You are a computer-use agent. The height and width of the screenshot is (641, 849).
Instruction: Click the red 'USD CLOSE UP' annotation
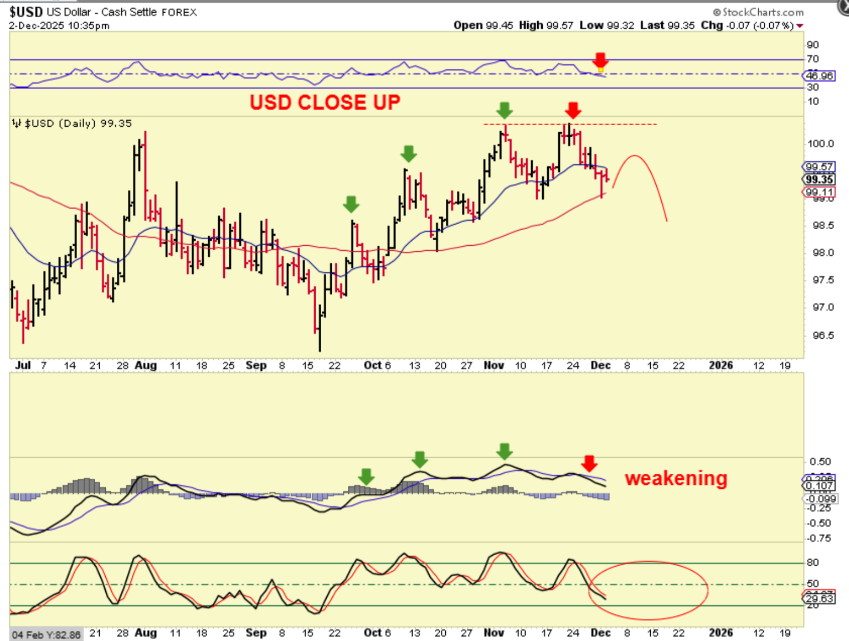click(x=325, y=102)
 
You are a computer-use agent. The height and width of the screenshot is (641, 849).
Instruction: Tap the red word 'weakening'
click(x=676, y=478)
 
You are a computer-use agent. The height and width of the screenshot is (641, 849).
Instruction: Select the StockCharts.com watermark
click(x=758, y=12)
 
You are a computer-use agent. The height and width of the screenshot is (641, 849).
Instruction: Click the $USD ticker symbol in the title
click(x=25, y=12)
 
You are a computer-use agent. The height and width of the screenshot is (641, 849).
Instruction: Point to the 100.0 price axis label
click(x=820, y=143)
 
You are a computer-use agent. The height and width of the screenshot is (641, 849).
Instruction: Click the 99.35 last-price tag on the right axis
click(x=819, y=179)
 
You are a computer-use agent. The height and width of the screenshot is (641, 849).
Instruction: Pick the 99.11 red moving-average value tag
click(x=819, y=192)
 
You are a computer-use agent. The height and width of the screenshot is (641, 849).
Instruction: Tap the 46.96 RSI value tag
click(x=819, y=75)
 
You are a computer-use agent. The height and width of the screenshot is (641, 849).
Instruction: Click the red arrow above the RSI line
click(x=600, y=59)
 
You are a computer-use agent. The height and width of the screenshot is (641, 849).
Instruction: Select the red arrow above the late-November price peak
click(x=573, y=110)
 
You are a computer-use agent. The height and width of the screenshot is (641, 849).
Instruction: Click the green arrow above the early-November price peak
click(x=504, y=110)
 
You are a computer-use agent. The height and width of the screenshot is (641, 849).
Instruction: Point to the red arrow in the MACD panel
click(x=589, y=463)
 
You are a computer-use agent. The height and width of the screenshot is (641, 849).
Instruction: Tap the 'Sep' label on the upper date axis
click(x=256, y=365)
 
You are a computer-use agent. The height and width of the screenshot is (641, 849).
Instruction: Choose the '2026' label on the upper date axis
click(x=721, y=365)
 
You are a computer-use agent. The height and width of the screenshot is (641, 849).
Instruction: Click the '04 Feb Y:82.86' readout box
click(x=46, y=634)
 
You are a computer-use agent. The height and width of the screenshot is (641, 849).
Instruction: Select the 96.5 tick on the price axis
click(x=822, y=335)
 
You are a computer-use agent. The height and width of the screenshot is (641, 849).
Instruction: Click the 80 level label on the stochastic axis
click(x=812, y=562)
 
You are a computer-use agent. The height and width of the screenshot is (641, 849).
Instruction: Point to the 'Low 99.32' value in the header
click(x=607, y=25)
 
